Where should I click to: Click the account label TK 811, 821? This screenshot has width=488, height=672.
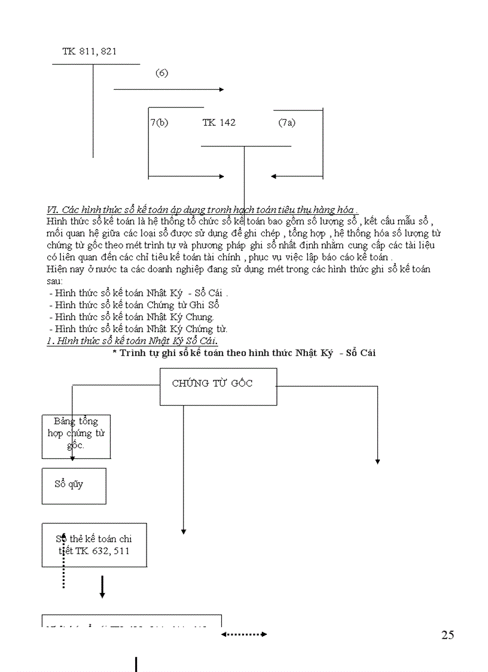tap(89, 51)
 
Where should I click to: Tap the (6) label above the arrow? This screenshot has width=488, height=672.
tap(161, 73)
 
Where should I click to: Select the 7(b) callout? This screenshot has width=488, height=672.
tap(159, 123)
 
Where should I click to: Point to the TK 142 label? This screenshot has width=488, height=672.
tap(219, 123)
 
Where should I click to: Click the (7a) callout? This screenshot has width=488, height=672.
tap(286, 123)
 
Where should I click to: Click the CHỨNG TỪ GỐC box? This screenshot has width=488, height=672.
tap(218, 387)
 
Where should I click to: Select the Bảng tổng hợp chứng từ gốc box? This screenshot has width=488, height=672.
tap(76, 436)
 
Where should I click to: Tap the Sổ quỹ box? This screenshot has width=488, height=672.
tap(74, 485)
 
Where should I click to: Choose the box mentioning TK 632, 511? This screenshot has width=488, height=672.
tap(94, 545)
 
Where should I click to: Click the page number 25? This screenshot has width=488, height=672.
tap(447, 635)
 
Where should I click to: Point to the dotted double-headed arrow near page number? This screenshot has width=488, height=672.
tap(244, 634)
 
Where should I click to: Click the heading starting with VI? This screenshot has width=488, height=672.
tap(202, 210)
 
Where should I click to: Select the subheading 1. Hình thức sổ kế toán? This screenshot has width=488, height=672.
tap(132, 340)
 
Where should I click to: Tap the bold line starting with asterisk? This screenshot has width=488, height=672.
tap(244, 353)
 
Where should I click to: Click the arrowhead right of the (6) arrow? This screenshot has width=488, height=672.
tap(221, 89)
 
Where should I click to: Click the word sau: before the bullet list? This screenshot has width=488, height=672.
tap(54, 281)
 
